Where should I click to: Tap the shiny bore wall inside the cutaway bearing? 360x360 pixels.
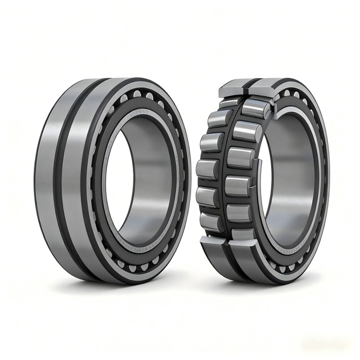coord(292,169)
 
